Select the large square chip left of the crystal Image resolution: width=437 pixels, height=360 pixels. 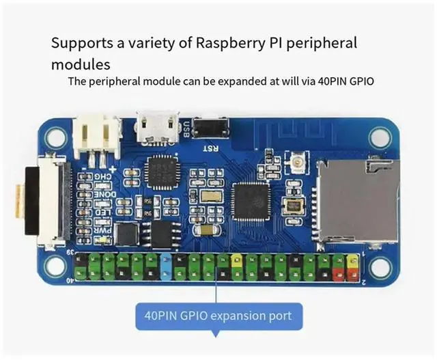point(251,201)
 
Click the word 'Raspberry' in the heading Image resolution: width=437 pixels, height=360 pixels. point(235,43)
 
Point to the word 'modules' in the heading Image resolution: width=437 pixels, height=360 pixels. point(81,64)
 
